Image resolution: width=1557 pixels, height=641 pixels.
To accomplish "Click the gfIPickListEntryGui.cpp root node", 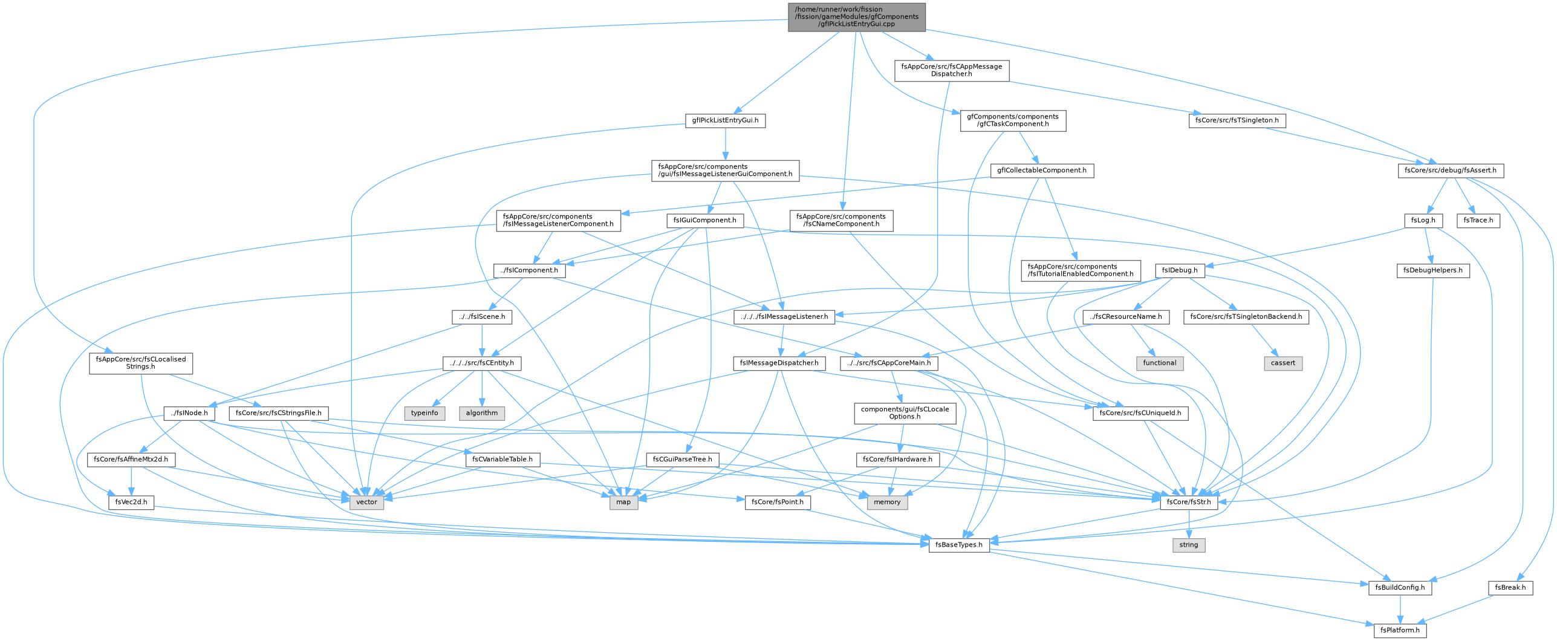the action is (x=856, y=17).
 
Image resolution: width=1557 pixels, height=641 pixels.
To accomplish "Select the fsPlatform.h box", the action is (x=1400, y=630).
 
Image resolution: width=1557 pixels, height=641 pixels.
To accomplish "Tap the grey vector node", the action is (x=366, y=502).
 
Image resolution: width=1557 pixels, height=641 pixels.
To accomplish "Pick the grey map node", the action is (x=623, y=502).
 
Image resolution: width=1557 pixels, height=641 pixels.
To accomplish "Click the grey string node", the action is (x=1188, y=545).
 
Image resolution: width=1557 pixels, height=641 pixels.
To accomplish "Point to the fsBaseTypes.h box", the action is (x=959, y=545).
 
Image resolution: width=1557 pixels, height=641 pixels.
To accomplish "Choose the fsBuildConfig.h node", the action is (x=1400, y=587).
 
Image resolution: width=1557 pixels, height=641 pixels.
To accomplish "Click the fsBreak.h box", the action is (x=1510, y=587).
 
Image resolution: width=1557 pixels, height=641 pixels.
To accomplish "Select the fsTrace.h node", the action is (x=1478, y=220).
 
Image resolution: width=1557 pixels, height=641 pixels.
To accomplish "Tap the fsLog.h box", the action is (x=1423, y=220).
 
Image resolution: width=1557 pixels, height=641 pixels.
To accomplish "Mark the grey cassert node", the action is (x=1283, y=363).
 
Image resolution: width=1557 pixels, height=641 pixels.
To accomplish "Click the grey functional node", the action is (x=1160, y=363).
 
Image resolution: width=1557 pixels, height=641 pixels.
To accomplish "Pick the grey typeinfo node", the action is (x=424, y=413).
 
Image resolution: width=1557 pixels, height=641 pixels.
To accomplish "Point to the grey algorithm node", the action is (x=482, y=413).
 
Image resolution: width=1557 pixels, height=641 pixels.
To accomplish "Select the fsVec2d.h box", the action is (x=131, y=502).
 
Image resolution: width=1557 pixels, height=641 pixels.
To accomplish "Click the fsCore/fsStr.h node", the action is (x=1189, y=502).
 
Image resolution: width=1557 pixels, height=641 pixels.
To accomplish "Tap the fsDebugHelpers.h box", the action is (x=1432, y=270).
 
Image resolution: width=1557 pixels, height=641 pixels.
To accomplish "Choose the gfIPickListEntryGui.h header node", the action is (x=725, y=120).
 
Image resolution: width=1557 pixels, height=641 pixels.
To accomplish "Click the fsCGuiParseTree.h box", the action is (x=683, y=460).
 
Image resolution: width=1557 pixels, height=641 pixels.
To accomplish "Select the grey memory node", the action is (x=887, y=502).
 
